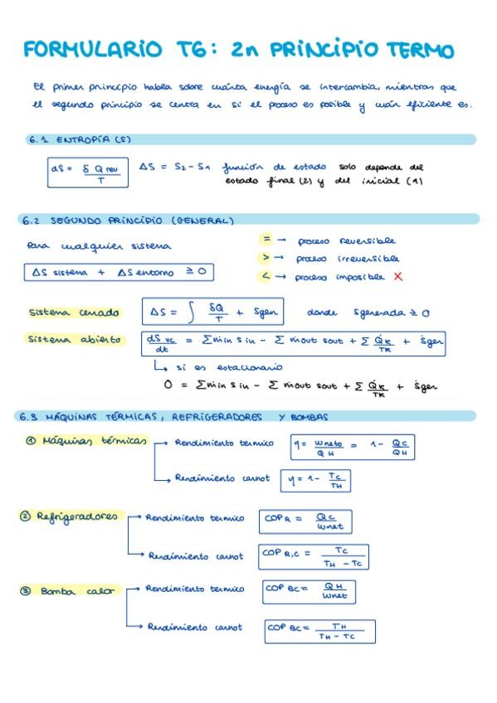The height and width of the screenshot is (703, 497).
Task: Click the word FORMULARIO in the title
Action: [x=93, y=50]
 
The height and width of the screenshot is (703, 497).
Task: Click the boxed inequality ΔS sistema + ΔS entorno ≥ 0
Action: [x=115, y=272]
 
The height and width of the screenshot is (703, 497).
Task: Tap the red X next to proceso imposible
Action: [x=398, y=276]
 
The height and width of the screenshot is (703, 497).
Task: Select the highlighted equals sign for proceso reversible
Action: [x=266, y=239]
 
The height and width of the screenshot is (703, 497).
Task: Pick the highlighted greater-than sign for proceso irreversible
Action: [x=266, y=258]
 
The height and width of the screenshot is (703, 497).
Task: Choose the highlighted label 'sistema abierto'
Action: [x=75, y=339]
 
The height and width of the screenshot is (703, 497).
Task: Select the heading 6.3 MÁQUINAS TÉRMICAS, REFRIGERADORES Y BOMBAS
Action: [x=174, y=416]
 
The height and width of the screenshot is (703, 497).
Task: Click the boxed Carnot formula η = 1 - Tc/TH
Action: [x=315, y=479]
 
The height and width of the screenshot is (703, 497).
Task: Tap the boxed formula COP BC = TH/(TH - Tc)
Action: [x=319, y=632]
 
